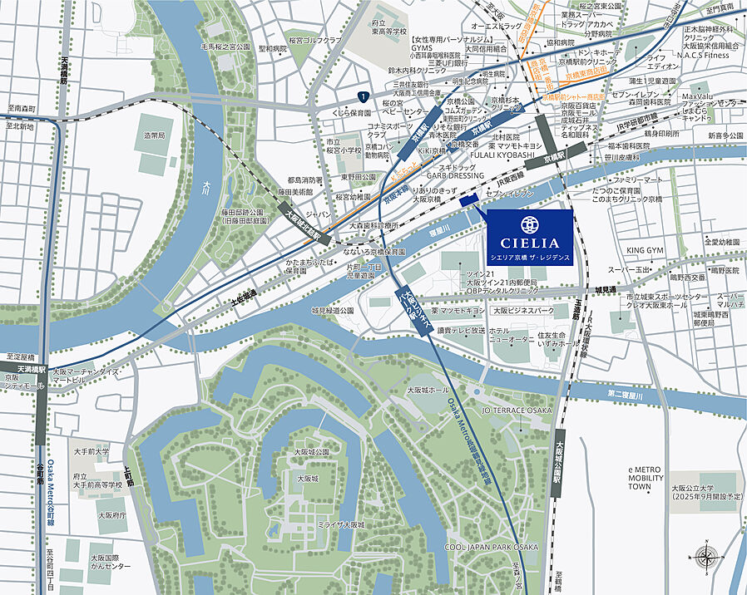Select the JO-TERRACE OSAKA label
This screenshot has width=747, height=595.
click(x=517, y=411)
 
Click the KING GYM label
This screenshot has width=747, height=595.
click(x=645, y=250)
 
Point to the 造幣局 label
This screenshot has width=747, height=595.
click(x=155, y=135)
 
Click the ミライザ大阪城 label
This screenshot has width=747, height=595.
click(x=341, y=525)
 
